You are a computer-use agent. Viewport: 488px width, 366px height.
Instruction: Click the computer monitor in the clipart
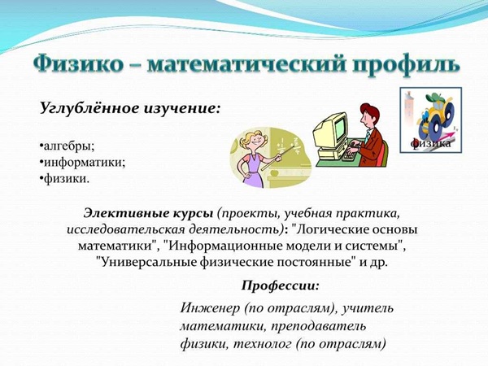point(331,131)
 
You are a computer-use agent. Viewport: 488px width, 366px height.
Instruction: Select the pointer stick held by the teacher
point(277,158)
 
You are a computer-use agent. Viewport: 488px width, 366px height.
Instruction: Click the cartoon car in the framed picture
point(437,116)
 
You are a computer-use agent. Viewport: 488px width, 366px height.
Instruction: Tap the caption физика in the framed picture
point(430,143)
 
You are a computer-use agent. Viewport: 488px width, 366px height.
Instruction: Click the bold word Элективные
point(126,213)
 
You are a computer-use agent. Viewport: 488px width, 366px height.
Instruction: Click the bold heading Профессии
point(281,285)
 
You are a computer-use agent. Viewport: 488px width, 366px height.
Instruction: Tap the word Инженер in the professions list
point(210,308)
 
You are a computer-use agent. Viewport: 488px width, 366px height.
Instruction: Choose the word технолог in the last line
point(263,344)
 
